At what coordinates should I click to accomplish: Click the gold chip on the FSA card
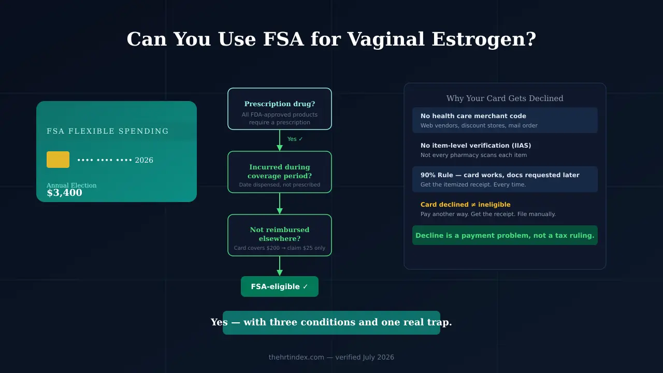pos(58,160)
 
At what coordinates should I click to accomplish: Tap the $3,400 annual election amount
pos(65,193)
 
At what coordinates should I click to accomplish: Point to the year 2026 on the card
pos(144,160)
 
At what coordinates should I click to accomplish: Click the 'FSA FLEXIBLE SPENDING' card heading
pos(107,131)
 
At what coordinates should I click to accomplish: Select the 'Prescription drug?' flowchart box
pos(280,109)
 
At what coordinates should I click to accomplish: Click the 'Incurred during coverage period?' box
pos(280,172)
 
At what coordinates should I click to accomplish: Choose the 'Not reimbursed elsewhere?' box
pos(280,235)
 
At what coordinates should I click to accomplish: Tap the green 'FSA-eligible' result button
pos(280,286)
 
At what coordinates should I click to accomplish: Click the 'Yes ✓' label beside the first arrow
pos(295,139)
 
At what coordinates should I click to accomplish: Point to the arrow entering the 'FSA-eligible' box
pos(280,266)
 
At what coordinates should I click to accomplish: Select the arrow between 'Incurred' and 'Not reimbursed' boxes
pos(280,204)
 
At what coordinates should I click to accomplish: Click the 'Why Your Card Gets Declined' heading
pos(505,98)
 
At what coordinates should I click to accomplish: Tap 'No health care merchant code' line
pos(473,116)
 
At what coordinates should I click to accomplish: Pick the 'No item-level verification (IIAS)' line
pos(475,146)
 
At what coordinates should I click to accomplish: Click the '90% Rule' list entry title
pos(500,175)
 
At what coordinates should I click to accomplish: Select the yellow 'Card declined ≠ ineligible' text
pos(465,205)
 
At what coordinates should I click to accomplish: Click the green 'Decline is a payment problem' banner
pos(505,235)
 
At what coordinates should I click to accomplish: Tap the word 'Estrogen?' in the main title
pos(484,39)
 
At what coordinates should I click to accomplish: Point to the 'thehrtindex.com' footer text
pos(296,357)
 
